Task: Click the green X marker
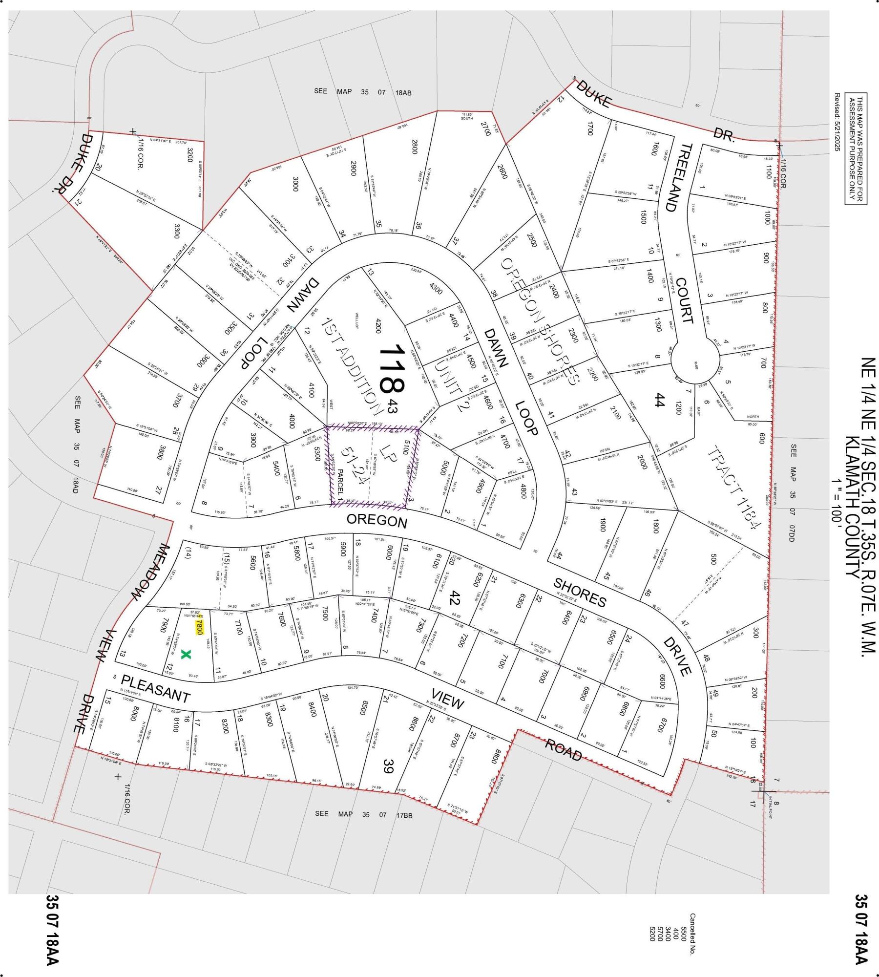(185, 655)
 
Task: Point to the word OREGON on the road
(377, 521)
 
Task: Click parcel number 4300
(436, 289)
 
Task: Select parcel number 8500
(362, 722)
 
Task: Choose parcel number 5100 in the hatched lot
(403, 445)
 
